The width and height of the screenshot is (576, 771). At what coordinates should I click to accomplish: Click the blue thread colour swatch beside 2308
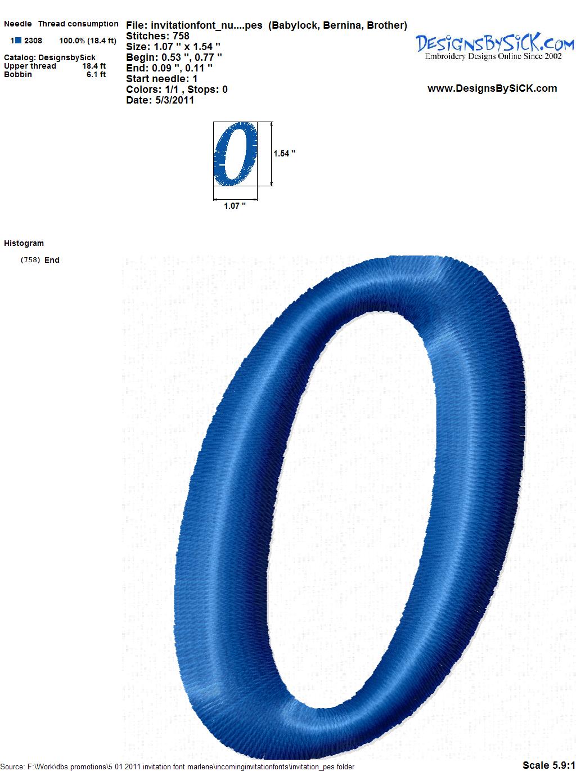pos(18,41)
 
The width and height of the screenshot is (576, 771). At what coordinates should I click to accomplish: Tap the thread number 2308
pos(33,41)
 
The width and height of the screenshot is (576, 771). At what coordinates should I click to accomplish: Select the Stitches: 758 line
pos(157,36)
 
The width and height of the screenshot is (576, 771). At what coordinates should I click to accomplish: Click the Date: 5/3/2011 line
pos(160,100)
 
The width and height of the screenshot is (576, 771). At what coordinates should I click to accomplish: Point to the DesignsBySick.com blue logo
pos(494,43)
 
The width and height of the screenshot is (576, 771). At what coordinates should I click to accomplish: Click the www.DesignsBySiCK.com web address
pos(492,88)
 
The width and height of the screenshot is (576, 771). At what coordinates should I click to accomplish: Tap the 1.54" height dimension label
pos(284,154)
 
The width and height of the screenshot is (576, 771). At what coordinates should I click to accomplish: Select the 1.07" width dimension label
pos(235,206)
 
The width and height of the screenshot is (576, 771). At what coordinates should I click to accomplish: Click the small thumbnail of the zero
pos(236,154)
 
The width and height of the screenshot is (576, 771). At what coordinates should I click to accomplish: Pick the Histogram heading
pos(24,243)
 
